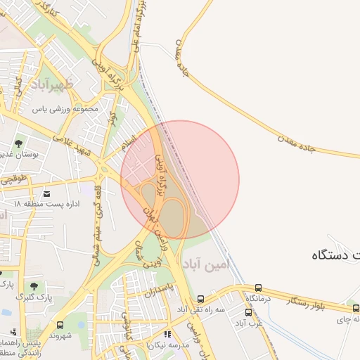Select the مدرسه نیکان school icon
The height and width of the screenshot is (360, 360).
point(167,335)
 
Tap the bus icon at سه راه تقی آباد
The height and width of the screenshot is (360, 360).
point(201,299)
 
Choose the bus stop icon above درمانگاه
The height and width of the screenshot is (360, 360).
point(259,288)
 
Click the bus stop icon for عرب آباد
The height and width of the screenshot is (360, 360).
point(248,311)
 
